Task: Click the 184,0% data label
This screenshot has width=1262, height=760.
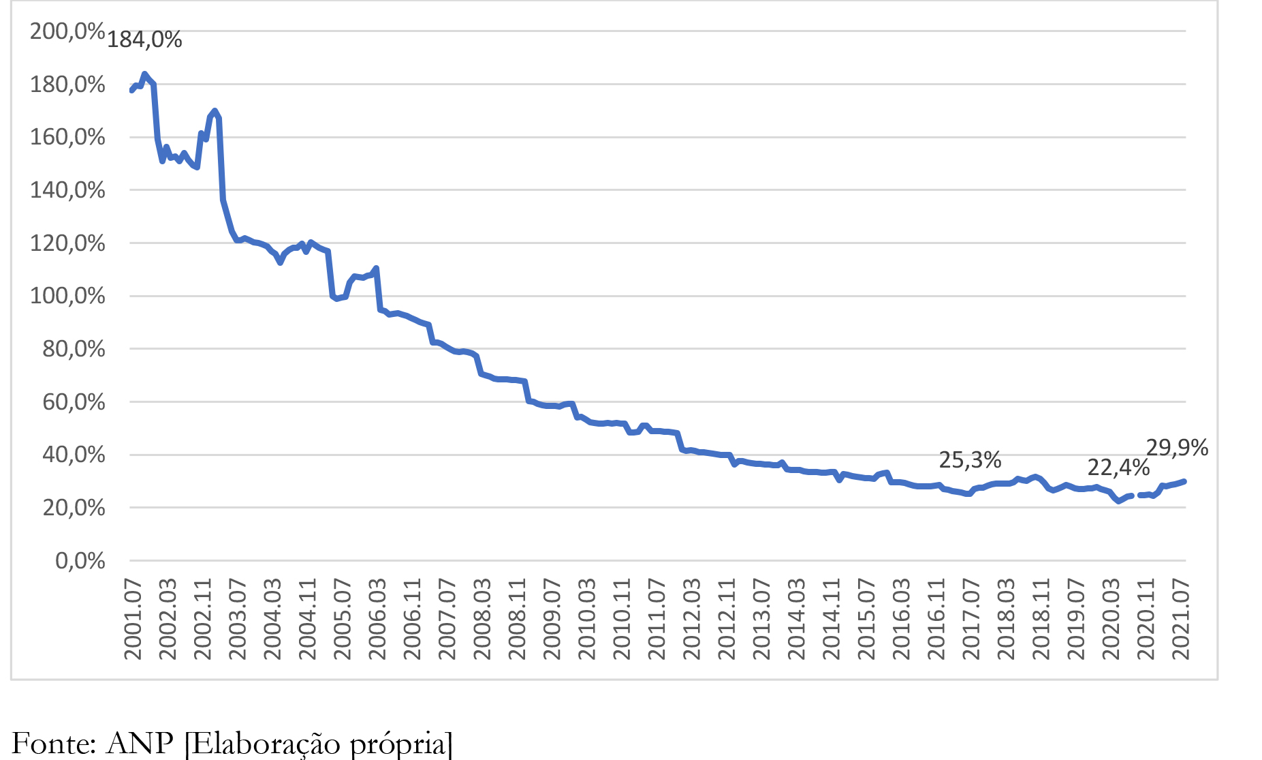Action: click(x=144, y=40)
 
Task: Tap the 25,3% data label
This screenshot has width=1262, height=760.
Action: click(x=970, y=461)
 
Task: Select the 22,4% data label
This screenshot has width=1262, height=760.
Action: click(x=1118, y=468)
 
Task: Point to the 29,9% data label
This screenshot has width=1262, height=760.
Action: click(x=1177, y=448)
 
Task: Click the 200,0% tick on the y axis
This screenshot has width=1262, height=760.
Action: click(x=67, y=31)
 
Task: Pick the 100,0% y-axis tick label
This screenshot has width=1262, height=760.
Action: click(x=67, y=297)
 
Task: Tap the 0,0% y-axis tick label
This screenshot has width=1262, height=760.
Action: click(x=80, y=561)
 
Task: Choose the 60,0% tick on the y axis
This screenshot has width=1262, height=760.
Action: click(x=74, y=402)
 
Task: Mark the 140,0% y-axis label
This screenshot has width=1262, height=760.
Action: click(x=67, y=190)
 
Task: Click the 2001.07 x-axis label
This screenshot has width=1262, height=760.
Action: click(x=133, y=619)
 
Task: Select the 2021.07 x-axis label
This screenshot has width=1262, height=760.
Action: click(x=1180, y=619)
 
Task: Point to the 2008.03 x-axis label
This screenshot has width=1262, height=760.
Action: click(x=482, y=619)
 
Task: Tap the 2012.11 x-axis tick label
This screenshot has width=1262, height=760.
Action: click(x=727, y=619)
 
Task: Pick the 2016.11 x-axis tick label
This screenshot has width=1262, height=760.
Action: click(x=936, y=619)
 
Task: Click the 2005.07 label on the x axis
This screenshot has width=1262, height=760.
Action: click(x=342, y=619)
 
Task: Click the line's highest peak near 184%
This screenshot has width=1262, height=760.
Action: click(x=144, y=74)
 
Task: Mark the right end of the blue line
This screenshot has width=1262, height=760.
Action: click(x=1184, y=481)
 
